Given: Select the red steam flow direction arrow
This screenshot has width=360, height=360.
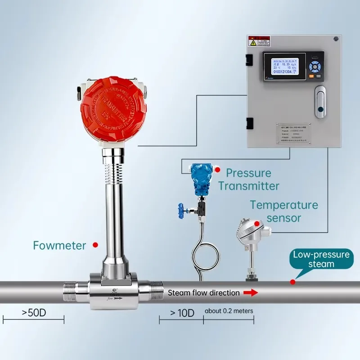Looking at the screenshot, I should coord(251,293).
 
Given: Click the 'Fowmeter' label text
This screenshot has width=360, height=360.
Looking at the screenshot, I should coord(59,245).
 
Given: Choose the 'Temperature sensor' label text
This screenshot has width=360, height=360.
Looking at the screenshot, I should coord(284,211).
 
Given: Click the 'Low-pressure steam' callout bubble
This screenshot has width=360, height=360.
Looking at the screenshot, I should coord(320,259).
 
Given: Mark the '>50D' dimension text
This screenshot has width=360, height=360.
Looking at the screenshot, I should coord(34,312).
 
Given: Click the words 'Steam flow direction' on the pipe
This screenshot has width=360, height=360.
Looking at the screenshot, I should coord(203,293).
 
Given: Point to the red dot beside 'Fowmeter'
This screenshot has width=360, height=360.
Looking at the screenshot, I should coord(95,245).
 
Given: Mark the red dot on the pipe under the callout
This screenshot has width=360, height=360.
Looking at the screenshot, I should coord(293,282).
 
